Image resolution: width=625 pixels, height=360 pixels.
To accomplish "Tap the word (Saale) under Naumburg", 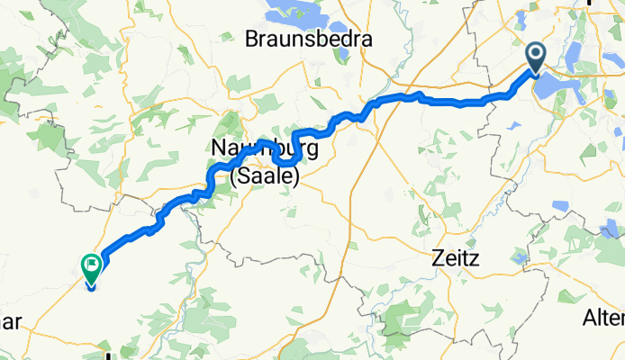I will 264,177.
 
